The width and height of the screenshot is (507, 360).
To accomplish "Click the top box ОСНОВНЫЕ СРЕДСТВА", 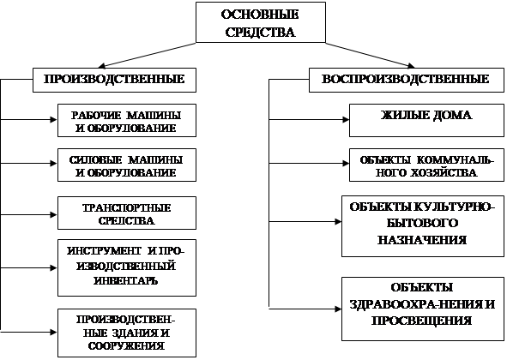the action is click(x=261, y=22).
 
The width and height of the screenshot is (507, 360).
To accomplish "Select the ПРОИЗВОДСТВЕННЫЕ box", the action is click(x=114, y=81).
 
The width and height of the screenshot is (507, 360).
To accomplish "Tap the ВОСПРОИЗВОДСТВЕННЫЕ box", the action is click(x=407, y=81).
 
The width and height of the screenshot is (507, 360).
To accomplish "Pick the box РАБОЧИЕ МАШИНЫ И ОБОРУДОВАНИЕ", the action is click(x=127, y=121).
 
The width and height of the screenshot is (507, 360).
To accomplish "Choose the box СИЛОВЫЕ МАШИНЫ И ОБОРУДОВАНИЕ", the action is click(x=127, y=165).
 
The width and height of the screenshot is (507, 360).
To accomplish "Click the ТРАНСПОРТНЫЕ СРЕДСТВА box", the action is click(x=127, y=213).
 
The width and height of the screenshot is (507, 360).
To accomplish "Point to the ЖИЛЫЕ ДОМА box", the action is click(x=426, y=121).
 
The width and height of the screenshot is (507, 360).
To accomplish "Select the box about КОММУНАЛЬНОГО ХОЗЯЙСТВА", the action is click(x=426, y=165).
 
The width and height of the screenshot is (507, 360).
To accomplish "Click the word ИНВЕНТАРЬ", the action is click(x=126, y=280).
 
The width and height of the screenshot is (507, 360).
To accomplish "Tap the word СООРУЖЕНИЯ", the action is click(x=126, y=346).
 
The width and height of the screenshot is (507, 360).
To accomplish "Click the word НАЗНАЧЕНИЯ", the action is click(x=422, y=240).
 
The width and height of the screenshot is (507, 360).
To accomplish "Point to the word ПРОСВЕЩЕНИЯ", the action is click(x=421, y=321).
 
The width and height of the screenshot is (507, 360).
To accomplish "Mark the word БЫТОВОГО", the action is click(x=423, y=224).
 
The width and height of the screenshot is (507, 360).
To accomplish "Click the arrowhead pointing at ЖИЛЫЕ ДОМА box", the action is click(x=346, y=120).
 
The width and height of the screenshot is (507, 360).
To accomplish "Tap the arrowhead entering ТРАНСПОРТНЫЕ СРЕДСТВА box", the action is click(x=54, y=214).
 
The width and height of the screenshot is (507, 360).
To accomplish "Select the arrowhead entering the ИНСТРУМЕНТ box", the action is click(x=54, y=268).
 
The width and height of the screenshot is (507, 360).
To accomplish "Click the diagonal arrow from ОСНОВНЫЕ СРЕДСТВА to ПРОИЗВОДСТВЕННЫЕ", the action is click(x=147, y=55).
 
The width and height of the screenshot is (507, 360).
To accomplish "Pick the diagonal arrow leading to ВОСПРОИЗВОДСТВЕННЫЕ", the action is click(x=370, y=55).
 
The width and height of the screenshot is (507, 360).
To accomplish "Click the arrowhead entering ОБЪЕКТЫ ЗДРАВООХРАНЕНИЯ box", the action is click(x=338, y=309).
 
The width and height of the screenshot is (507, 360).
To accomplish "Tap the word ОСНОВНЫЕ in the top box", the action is click(x=260, y=15).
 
